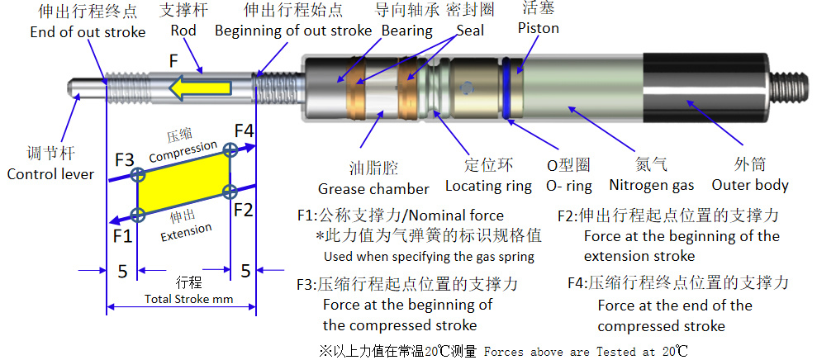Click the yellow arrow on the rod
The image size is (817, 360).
pyautogui.click(x=201, y=87)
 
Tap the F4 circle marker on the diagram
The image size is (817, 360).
pyautogui.click(x=230, y=150)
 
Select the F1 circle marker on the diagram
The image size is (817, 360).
pyautogui.click(x=138, y=214)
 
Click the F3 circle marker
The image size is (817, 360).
pyautogui.click(x=138, y=174)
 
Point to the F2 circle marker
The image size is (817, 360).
pyautogui.click(x=230, y=191)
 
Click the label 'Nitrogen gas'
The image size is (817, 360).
pyautogui.click(x=651, y=185)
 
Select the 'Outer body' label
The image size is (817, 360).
pyautogui.click(x=750, y=185)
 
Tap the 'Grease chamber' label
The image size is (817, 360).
pyautogui.click(x=373, y=188)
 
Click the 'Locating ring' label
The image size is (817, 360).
pyautogui.click(x=488, y=186)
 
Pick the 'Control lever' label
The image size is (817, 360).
pyautogui.click(x=50, y=173)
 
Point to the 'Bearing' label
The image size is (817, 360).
pyautogui.click(x=407, y=31)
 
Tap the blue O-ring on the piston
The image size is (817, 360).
pyautogui.click(x=507, y=88)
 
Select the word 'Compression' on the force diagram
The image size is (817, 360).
pyautogui.click(x=183, y=149)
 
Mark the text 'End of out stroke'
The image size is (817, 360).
pyautogui.click(x=88, y=31)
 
